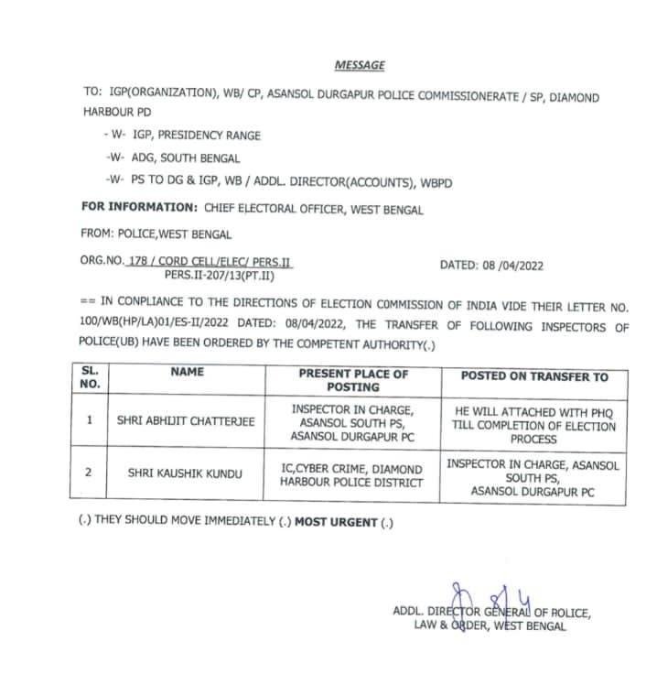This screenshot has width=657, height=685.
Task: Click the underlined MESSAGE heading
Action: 359,65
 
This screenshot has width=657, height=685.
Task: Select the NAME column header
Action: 188,373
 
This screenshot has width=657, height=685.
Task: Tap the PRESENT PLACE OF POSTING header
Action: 353,380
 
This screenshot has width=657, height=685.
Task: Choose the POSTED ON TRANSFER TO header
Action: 533,376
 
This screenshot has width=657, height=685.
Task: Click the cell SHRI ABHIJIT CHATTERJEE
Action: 187,422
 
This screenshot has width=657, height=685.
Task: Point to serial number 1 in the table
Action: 90,422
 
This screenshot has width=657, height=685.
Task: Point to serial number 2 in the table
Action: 90,473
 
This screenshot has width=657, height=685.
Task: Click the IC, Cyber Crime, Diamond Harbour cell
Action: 352,475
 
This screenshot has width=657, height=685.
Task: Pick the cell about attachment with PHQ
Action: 533,420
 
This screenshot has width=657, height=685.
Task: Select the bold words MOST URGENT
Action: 336,522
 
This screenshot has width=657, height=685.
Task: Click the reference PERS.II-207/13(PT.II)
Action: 218,274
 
